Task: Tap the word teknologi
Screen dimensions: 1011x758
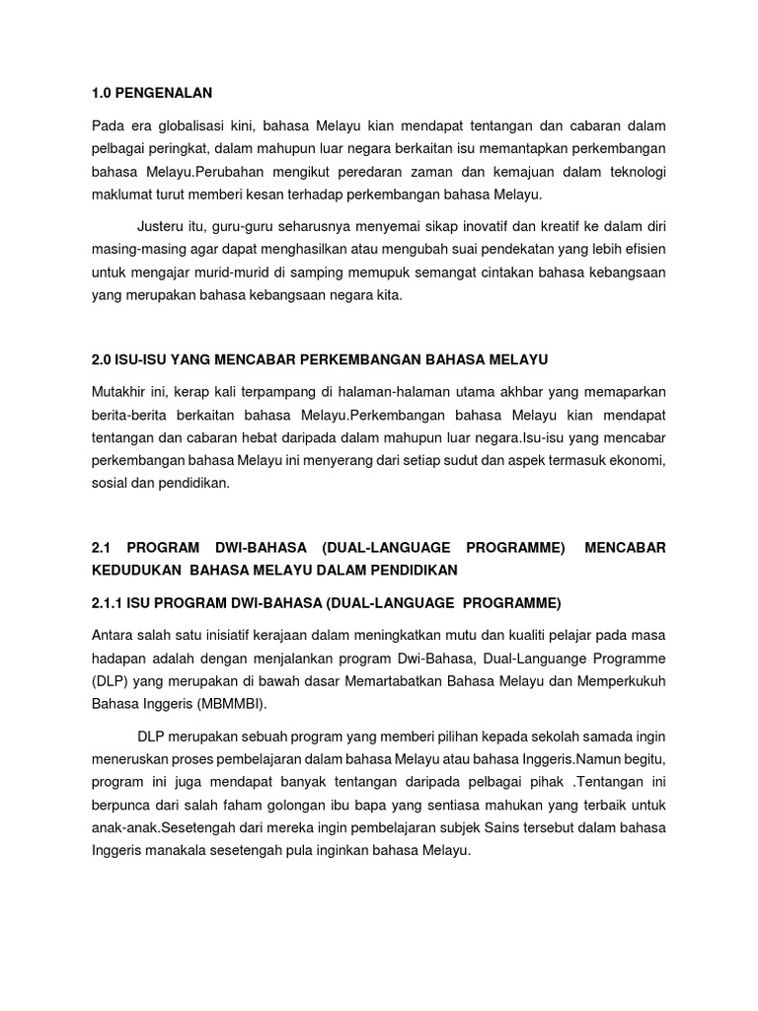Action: [632, 172]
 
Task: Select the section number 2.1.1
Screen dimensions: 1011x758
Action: [111, 603]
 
